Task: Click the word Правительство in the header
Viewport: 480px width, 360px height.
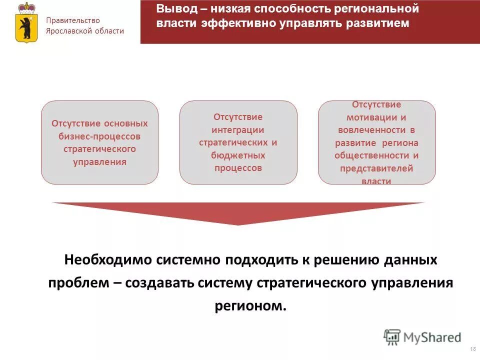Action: tap(73, 20)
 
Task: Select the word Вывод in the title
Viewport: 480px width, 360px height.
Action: tap(175, 9)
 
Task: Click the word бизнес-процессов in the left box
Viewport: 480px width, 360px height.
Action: tap(99, 136)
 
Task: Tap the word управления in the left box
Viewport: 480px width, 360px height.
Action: tap(99, 162)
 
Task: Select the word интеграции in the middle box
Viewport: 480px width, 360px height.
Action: tap(238, 129)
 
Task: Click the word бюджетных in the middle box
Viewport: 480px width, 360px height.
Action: tap(238, 155)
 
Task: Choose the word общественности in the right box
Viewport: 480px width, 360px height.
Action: tap(376, 155)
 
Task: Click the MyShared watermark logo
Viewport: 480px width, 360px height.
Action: tap(422, 336)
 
